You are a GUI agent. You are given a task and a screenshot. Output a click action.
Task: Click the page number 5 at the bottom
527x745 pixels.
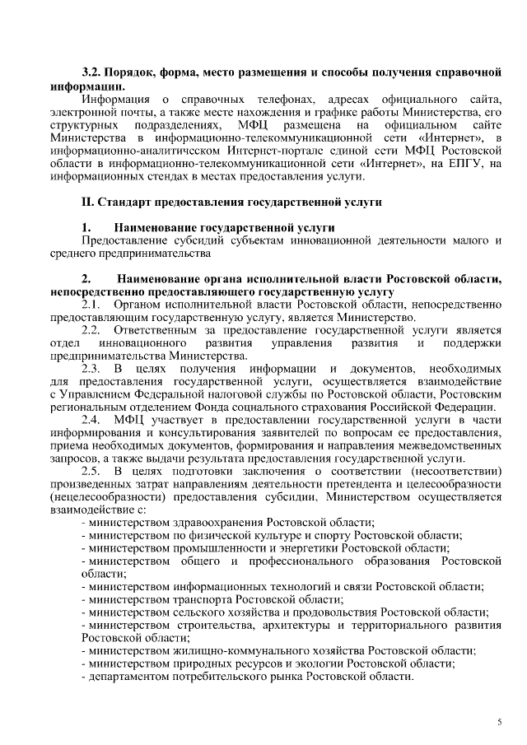499,722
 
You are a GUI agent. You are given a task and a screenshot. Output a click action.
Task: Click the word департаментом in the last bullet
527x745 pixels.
127,676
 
